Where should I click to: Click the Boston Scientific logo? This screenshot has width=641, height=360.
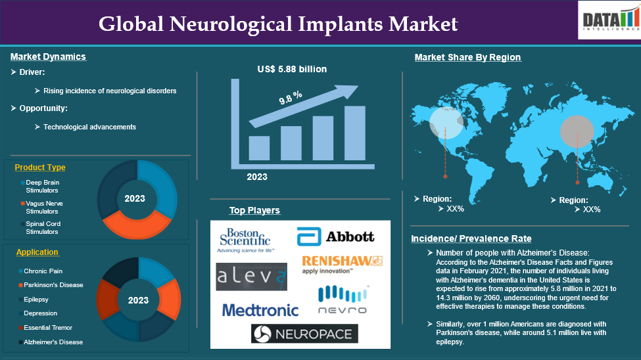(x=245, y=240)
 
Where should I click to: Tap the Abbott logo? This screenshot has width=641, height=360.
(x=336, y=236)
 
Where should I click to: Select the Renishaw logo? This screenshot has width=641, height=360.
(x=342, y=264)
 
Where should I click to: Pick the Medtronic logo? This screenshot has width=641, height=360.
(x=260, y=310)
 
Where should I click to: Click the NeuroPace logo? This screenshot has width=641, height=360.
(x=304, y=334)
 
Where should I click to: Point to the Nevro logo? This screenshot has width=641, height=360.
(x=343, y=300)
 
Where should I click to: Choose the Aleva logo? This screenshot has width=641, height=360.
(x=251, y=277)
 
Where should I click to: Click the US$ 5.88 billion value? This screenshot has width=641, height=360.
(x=292, y=69)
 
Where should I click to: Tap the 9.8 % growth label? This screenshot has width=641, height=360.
(x=291, y=97)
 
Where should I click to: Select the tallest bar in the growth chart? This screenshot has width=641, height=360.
(x=355, y=133)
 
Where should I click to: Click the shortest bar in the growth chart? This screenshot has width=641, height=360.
(x=259, y=148)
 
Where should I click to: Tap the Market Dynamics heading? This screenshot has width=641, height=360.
(x=48, y=56)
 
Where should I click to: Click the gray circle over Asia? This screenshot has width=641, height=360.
(x=577, y=131)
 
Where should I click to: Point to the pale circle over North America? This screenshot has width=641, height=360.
(x=446, y=123)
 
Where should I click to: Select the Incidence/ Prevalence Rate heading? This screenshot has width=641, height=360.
(x=471, y=238)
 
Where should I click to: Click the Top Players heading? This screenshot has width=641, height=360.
(x=254, y=210)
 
